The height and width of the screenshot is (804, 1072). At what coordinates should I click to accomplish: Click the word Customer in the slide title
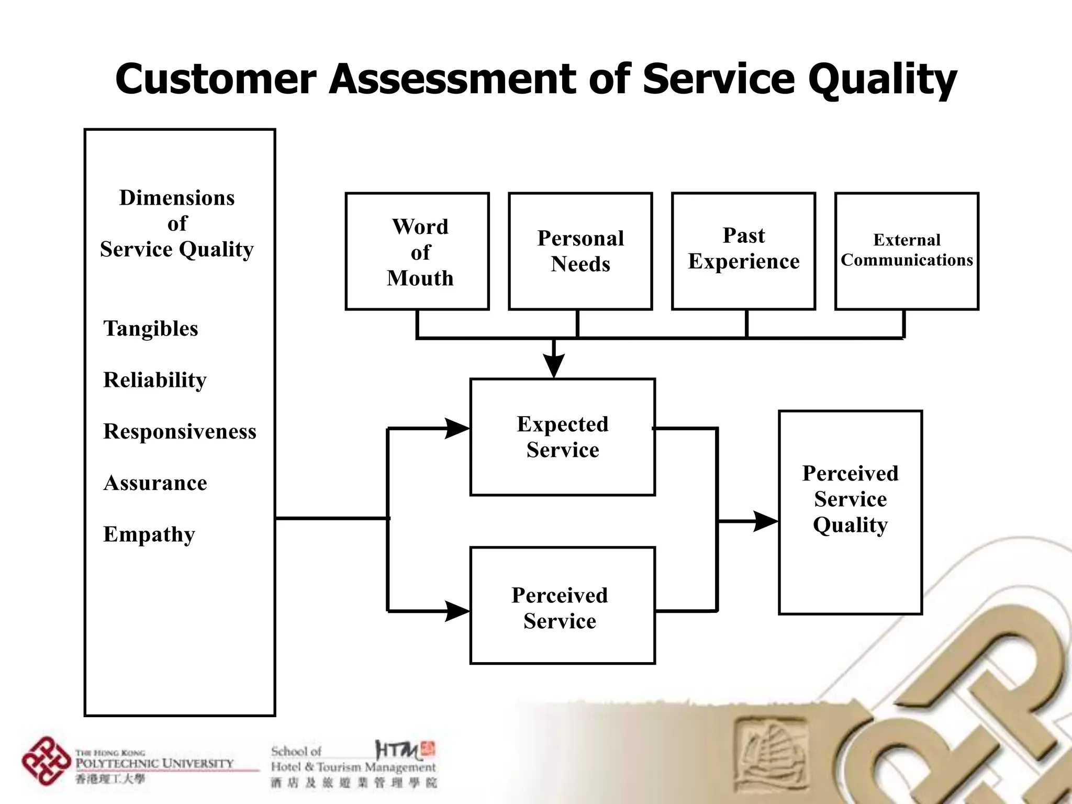point(216,80)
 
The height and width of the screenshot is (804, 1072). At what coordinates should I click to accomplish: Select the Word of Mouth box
point(417,251)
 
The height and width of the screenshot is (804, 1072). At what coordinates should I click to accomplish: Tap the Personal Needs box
point(580,251)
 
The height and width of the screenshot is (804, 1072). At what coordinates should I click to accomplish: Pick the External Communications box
point(907,251)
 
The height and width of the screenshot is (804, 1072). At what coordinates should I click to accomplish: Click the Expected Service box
point(562,437)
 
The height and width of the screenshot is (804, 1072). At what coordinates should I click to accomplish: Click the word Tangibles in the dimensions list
point(151,329)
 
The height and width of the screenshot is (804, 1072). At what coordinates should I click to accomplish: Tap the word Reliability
point(155,380)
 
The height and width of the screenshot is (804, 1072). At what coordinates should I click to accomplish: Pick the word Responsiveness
point(180,431)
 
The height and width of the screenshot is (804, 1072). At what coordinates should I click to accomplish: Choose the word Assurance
point(155,483)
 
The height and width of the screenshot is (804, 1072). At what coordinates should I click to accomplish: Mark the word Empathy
point(149,534)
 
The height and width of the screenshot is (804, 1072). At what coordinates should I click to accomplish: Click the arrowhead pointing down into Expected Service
point(553,365)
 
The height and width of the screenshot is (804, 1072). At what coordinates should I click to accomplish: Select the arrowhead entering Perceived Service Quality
point(765,521)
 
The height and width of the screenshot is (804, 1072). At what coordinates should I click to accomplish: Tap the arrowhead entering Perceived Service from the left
point(456,611)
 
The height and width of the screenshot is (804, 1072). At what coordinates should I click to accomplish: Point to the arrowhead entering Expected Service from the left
point(456,429)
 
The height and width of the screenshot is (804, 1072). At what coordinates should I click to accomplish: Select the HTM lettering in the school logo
point(398,751)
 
